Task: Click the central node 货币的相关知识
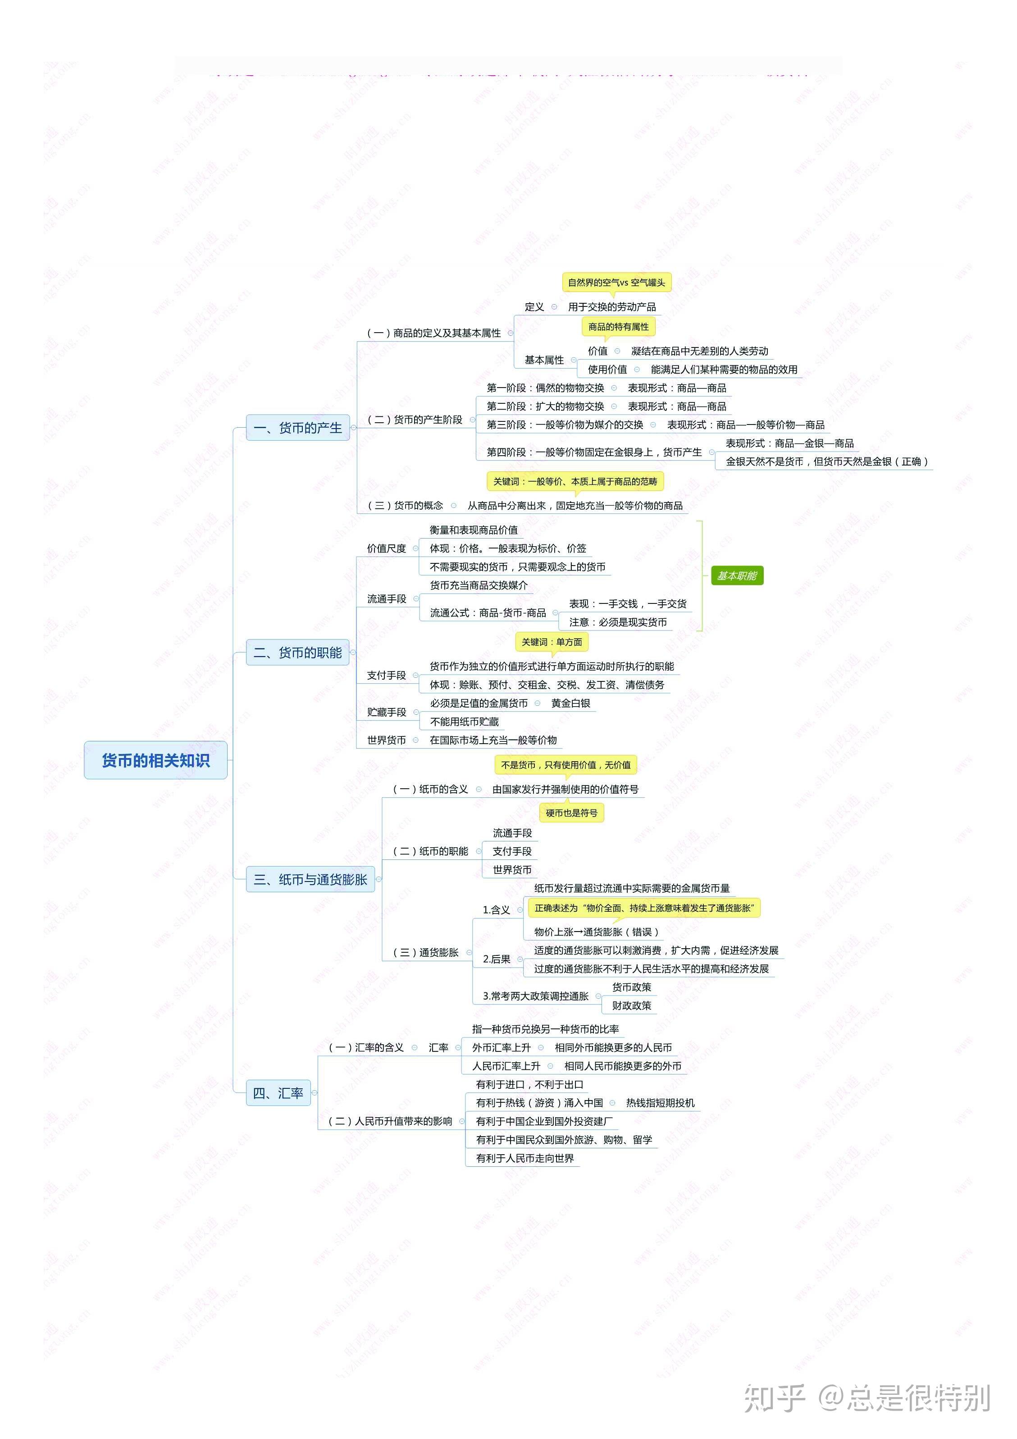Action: click(x=155, y=760)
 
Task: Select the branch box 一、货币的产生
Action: click(x=298, y=428)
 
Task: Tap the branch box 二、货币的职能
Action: click(x=298, y=653)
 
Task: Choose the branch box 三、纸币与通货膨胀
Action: click(x=310, y=879)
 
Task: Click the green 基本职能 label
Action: click(x=737, y=576)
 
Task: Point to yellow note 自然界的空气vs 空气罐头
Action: click(x=616, y=283)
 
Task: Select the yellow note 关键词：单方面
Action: click(x=552, y=642)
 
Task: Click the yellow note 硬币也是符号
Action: click(x=571, y=813)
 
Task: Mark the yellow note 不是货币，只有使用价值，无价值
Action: click(x=565, y=765)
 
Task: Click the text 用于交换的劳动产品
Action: click(x=611, y=307)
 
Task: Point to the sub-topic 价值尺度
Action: click(x=387, y=548)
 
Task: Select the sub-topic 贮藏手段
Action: click(x=387, y=713)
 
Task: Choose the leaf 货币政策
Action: click(x=632, y=987)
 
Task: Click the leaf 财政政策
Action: click(x=632, y=1005)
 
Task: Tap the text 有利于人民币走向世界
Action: click(x=524, y=1158)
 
